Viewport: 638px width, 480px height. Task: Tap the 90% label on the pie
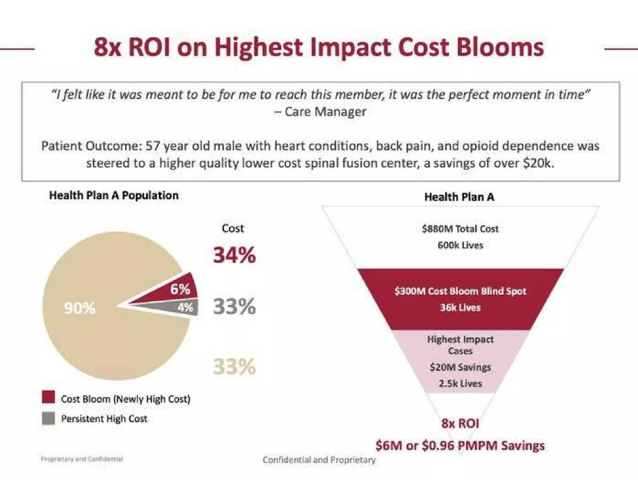79,308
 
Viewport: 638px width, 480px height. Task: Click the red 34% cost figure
234,255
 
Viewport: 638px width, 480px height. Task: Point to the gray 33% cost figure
234,307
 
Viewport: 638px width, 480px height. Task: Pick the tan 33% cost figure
234,367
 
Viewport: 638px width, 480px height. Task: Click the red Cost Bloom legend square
48,397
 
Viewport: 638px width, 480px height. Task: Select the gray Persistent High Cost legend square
48,418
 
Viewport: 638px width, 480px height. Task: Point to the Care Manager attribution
320,111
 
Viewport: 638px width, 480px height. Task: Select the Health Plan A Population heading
114,195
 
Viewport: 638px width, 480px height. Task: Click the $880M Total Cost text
460,229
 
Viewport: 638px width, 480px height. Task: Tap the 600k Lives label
460,245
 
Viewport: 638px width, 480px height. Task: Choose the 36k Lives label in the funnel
460,308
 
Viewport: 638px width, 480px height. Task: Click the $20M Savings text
460,367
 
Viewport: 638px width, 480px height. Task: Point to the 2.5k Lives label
460,384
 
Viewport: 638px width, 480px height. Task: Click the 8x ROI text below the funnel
460,423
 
